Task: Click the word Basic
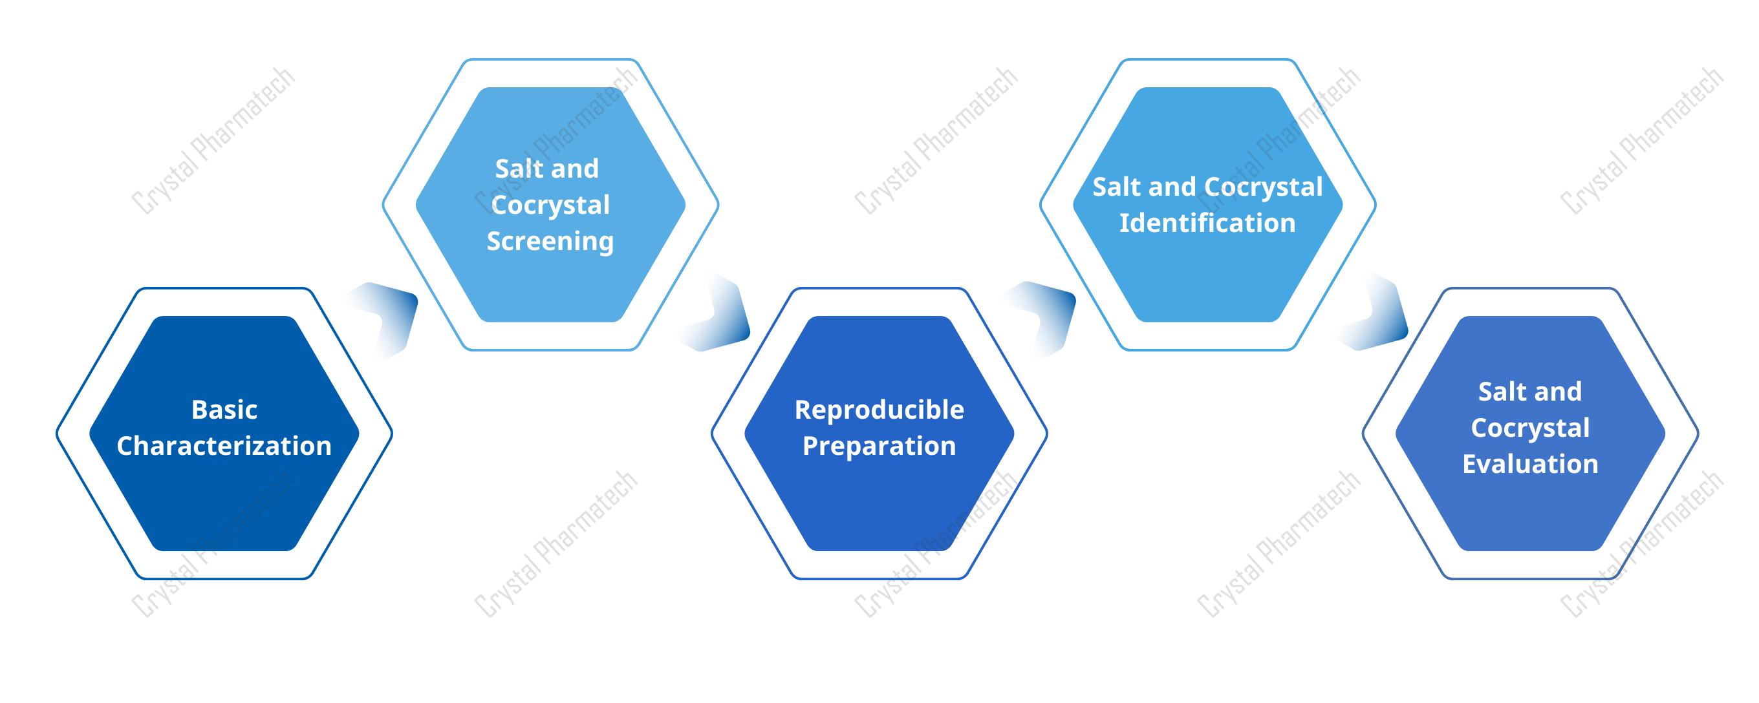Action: coord(224,410)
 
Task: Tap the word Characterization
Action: coord(224,446)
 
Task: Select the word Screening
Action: coord(550,242)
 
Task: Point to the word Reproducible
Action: coord(879,410)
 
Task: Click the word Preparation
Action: coord(879,446)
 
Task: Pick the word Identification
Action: coord(1207,223)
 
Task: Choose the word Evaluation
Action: coord(1529,464)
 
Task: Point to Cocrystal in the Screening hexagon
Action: coord(550,205)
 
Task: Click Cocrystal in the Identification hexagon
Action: coord(1263,187)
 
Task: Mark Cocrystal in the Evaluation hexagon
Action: coord(1529,428)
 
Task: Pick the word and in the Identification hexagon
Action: coord(1180,187)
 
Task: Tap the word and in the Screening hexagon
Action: coord(574,169)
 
